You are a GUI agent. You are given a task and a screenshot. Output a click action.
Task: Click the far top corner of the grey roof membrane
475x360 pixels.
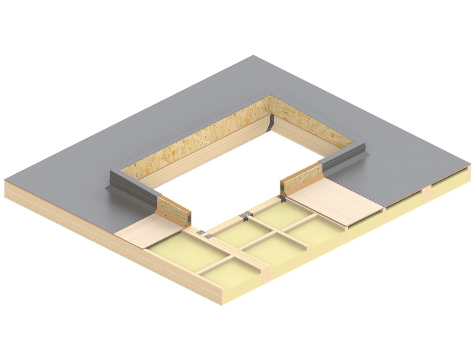tap(254, 56)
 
